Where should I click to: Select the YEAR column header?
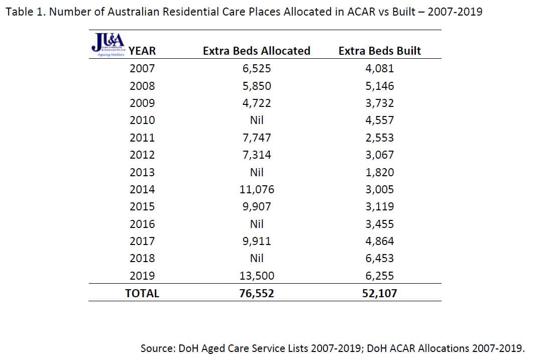pyautogui.click(x=142, y=51)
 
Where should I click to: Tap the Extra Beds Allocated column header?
pyautogui.click(x=256, y=51)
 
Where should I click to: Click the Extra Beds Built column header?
pyautogui.click(x=380, y=51)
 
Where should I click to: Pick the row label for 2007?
pyautogui.click(x=142, y=69)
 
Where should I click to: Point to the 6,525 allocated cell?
pyautogui.click(x=257, y=69)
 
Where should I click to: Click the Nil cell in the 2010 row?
pyautogui.click(x=257, y=121)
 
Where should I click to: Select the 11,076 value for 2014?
pyautogui.click(x=257, y=189)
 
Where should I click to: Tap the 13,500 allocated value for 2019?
pyautogui.click(x=257, y=276)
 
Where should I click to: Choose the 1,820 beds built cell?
pyautogui.click(x=380, y=172)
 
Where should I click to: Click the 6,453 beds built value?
pyautogui.click(x=380, y=258)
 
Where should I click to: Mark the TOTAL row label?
pyautogui.click(x=142, y=294)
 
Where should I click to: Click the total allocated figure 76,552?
pyautogui.click(x=257, y=294)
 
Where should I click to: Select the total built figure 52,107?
pyautogui.click(x=380, y=294)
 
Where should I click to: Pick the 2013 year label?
pyautogui.click(x=142, y=172)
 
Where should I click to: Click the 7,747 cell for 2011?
pyautogui.click(x=257, y=138)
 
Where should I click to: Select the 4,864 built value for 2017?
pyautogui.click(x=380, y=241)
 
